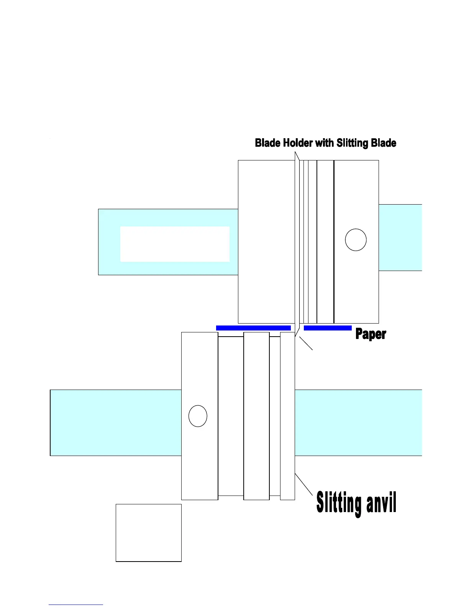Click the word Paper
click(371, 334)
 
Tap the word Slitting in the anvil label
click(339, 503)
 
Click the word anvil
click(381, 503)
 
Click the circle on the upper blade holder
click(356, 240)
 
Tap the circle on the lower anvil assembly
click(198, 416)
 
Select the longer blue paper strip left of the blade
click(253, 328)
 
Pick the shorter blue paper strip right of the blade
click(328, 328)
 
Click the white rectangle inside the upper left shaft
click(175, 244)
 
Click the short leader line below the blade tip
click(306, 343)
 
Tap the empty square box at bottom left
click(149, 533)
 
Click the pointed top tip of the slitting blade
click(295, 154)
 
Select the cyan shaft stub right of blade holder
click(400, 238)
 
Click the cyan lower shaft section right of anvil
click(358, 423)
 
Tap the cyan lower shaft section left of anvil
click(116, 423)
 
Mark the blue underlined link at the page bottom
click(76, 605)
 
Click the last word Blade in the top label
click(384, 143)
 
